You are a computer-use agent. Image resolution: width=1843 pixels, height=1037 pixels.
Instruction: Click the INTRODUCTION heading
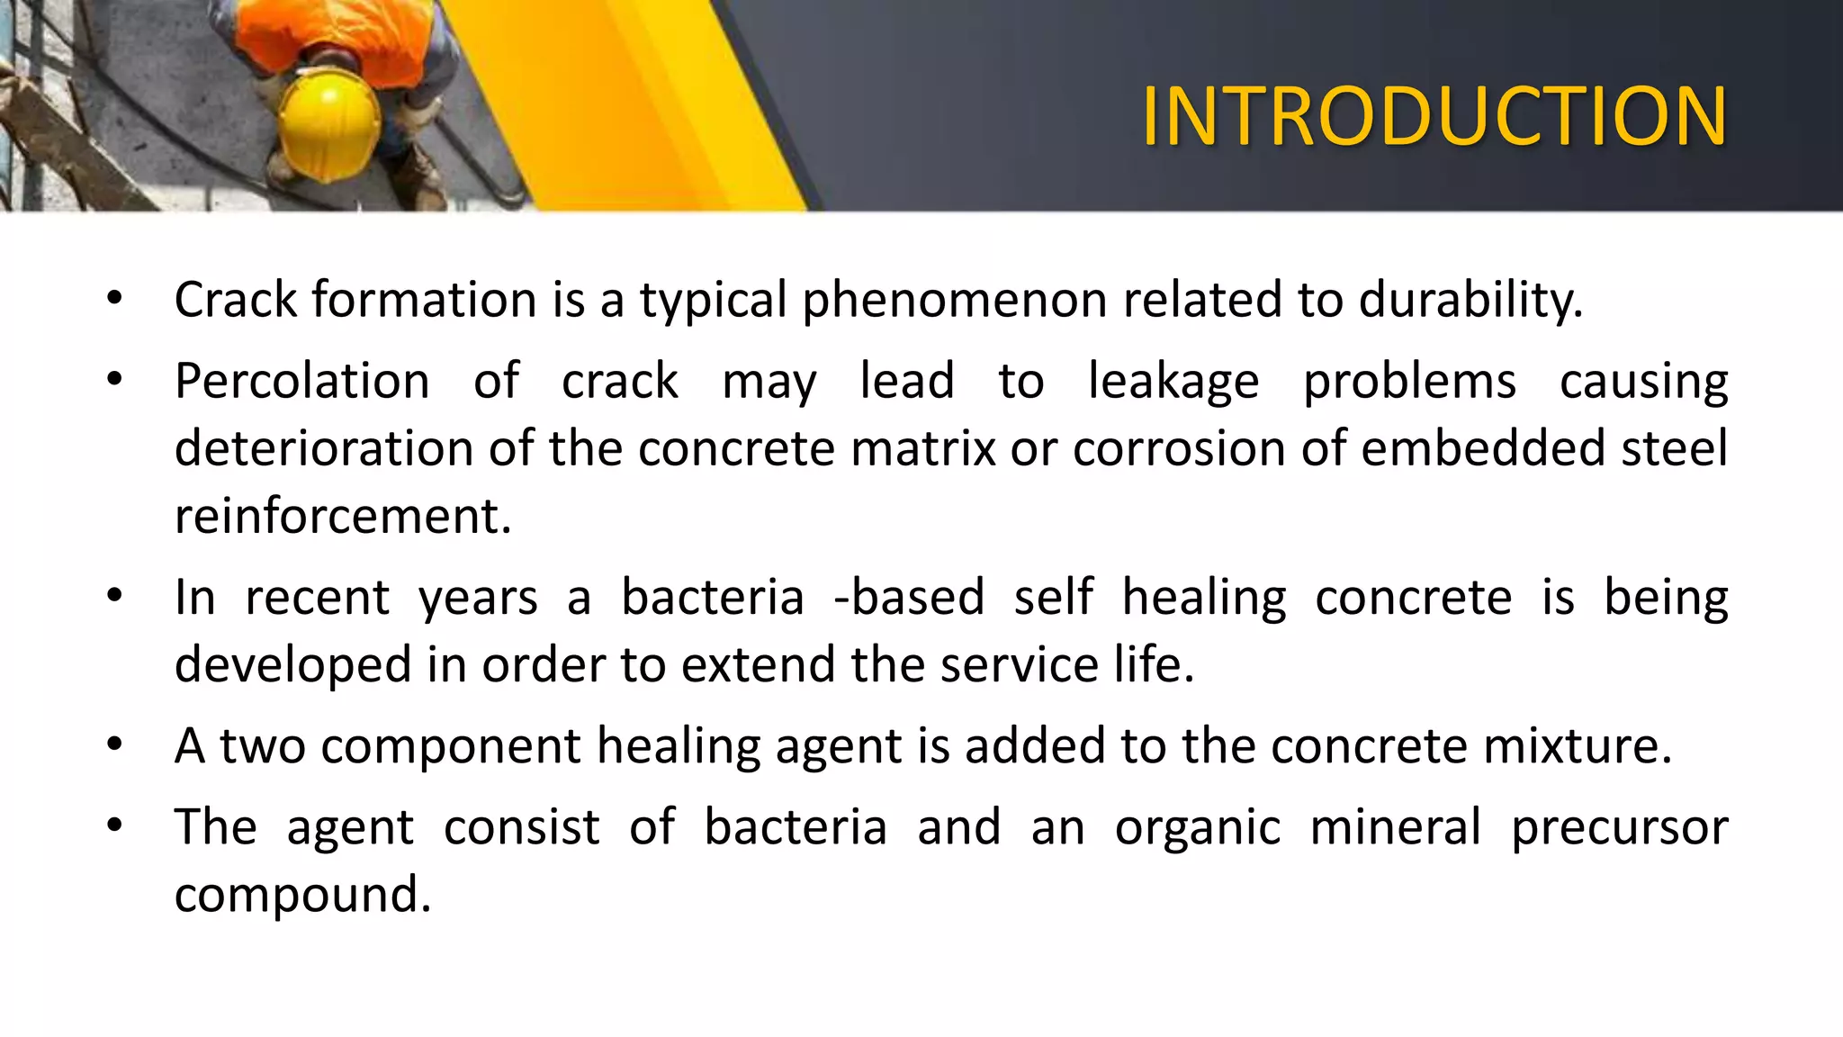click(1434, 117)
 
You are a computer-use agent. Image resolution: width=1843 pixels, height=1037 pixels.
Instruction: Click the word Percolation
click(302, 381)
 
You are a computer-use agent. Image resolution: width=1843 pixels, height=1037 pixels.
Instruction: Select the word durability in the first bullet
click(1469, 300)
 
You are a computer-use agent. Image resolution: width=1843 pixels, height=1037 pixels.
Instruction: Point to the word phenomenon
click(954, 300)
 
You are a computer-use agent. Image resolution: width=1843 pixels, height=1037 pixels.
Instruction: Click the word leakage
click(1173, 381)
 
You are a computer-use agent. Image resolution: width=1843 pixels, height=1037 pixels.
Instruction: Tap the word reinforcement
click(342, 516)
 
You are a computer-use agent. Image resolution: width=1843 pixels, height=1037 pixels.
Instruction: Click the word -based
click(909, 597)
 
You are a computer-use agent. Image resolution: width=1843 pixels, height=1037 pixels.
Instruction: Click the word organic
click(1197, 826)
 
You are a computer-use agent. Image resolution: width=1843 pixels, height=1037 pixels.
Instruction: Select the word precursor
click(1619, 826)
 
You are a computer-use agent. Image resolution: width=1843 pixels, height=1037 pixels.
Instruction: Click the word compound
click(302, 894)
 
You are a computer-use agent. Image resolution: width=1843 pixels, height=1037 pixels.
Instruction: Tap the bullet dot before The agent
click(114, 825)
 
